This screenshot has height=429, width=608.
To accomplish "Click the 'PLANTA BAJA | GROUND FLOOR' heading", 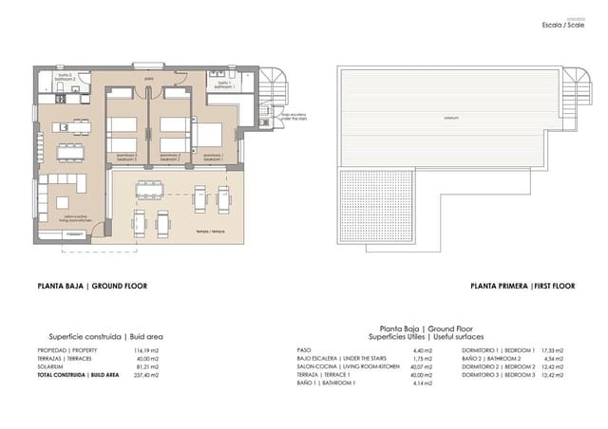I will pos(91,286).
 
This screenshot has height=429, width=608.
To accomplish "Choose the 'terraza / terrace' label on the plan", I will pos(210,231).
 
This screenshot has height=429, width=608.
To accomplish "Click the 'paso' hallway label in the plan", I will pos(149,80).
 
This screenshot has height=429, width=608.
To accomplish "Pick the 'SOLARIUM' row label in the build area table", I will pos(50,367).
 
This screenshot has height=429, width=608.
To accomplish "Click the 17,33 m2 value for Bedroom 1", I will pos(552,350).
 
